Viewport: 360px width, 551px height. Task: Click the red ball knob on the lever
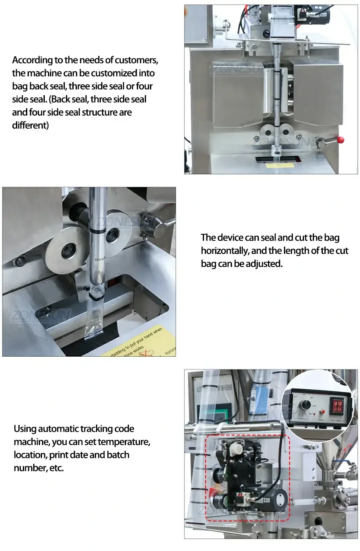(x=340, y=140)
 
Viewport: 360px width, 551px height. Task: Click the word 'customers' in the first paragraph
(x=136, y=60)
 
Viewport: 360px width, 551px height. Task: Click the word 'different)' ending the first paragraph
(x=30, y=125)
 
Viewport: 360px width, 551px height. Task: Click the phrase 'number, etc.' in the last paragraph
(x=39, y=468)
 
